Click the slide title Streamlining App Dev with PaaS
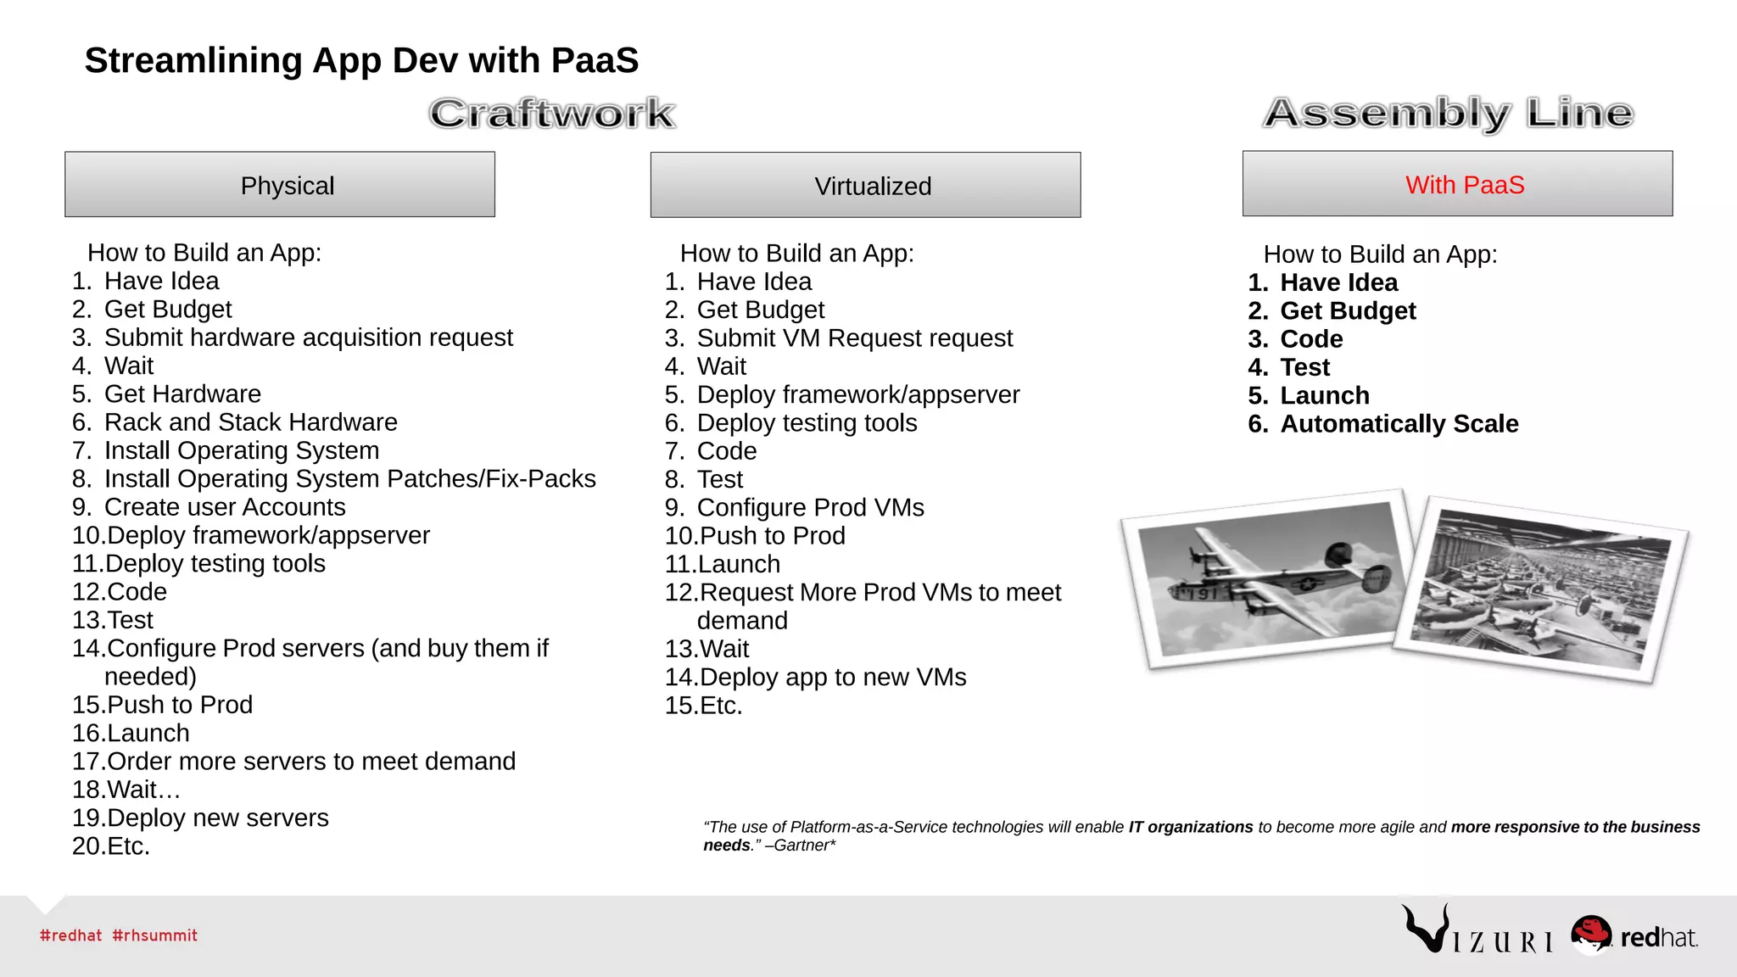pyautogui.click(x=361, y=61)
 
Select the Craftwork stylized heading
pyautogui.click(x=551, y=114)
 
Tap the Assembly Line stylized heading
pyautogui.click(x=1449, y=113)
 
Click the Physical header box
pyautogui.click(x=280, y=185)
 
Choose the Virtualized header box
pyautogui.click(x=865, y=186)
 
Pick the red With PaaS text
pyautogui.click(x=1465, y=185)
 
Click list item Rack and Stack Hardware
pyautogui.click(x=250, y=422)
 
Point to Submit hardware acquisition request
pyautogui.click(x=308, y=338)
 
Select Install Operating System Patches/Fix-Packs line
pyautogui.click(x=349, y=479)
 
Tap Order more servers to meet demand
pyautogui.click(x=310, y=762)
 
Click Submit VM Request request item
pyautogui.click(x=854, y=338)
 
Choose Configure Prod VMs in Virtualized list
pyautogui.click(x=810, y=508)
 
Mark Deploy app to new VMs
pyautogui.click(x=832, y=678)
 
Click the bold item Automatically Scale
pyautogui.click(x=1399, y=424)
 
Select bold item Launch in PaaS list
pyautogui.click(x=1324, y=396)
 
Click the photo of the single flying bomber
pyautogui.click(x=1265, y=578)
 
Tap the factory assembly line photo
pyautogui.click(x=1539, y=589)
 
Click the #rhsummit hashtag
pyautogui.click(x=154, y=935)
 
